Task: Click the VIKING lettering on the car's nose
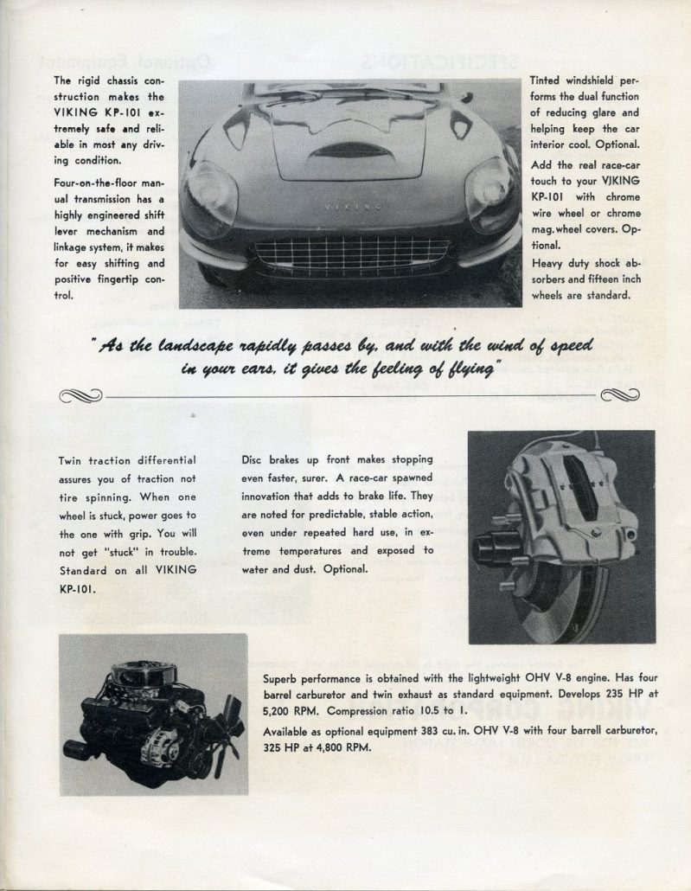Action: [349, 208]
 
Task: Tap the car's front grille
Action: [350, 253]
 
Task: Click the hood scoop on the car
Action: [349, 151]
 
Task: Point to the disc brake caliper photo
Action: [561, 536]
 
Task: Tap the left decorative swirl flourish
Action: [80, 396]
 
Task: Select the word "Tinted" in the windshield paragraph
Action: [547, 80]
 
